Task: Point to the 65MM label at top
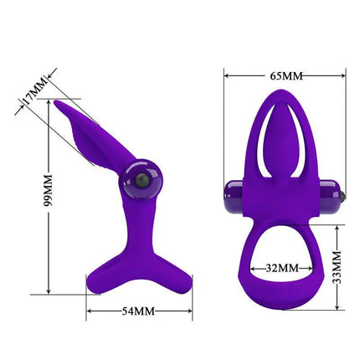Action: pos(285,75)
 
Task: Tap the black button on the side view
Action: pos(141,181)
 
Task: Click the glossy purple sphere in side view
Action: pos(134,181)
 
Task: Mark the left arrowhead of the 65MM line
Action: pos(227,75)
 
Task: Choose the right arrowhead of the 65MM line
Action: pos(343,75)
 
